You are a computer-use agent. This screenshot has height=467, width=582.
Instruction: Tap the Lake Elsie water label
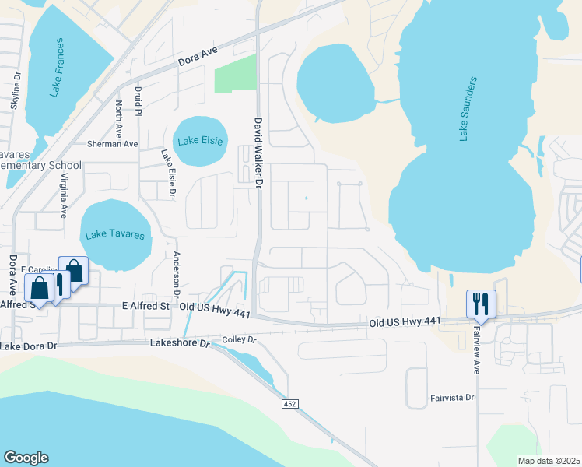[x=200, y=141]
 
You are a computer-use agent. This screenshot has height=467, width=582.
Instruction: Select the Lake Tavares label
[x=117, y=233]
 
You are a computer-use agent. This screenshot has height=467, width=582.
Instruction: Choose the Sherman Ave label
[x=112, y=144]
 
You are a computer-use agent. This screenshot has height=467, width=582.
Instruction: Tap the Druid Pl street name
[x=139, y=101]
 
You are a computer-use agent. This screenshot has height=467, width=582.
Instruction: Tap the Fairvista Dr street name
[x=451, y=397]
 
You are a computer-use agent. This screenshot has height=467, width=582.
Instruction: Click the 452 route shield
[x=289, y=404]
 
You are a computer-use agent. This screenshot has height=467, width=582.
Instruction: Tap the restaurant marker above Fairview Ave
[x=480, y=301]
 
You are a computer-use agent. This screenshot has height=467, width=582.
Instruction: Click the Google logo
[x=26, y=458]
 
